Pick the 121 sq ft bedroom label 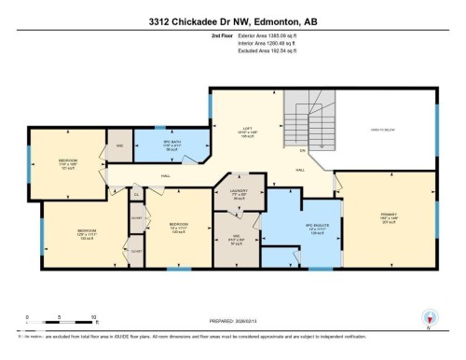pos(68,164)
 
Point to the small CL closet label pos(135,195)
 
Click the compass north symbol pos(430,318)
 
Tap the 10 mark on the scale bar pos(93,317)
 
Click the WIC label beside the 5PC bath pos(120,146)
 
